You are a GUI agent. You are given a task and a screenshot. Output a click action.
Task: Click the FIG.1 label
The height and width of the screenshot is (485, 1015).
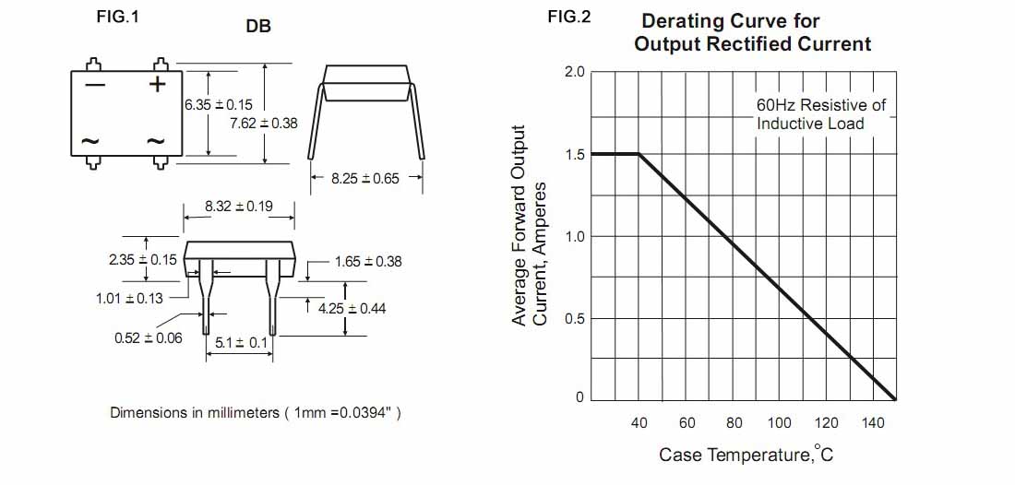point(117,17)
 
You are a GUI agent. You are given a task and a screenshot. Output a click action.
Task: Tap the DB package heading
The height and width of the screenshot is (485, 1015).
point(258,28)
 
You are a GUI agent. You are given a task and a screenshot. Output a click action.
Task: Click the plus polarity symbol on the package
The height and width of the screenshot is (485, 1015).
point(158,85)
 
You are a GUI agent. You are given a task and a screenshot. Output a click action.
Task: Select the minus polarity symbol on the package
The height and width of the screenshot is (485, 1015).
point(95,85)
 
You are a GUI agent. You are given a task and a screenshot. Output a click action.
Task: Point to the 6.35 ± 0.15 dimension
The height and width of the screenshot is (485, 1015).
point(219,105)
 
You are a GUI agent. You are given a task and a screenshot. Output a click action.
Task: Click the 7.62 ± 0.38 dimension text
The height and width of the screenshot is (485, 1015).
point(263,123)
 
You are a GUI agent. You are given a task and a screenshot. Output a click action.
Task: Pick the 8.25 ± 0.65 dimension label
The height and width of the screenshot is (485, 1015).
point(365,179)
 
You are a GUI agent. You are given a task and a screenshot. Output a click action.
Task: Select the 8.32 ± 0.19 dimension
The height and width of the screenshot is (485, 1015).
point(239,207)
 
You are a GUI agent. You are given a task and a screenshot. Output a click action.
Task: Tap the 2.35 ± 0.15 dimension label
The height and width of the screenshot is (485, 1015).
point(142,260)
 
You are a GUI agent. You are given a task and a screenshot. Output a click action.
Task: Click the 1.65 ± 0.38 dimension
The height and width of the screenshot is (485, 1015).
point(368,262)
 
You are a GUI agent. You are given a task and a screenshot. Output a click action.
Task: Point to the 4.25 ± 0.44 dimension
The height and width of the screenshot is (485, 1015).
point(352,309)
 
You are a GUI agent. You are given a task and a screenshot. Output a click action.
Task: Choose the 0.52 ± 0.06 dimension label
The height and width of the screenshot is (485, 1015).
point(149,338)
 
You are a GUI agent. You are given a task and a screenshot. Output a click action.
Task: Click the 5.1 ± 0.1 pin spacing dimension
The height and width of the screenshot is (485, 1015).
point(241,343)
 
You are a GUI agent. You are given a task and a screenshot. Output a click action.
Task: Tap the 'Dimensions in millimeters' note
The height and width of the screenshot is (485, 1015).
point(256,412)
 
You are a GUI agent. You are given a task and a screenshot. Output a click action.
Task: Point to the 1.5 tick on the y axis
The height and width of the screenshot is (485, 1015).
point(574,155)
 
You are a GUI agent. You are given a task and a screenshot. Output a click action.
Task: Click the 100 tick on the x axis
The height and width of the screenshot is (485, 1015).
point(780,423)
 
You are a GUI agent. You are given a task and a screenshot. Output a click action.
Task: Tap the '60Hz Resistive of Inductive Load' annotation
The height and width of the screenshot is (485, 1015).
point(820,114)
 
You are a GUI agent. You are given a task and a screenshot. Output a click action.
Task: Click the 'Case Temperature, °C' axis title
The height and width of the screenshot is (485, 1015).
point(746,455)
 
